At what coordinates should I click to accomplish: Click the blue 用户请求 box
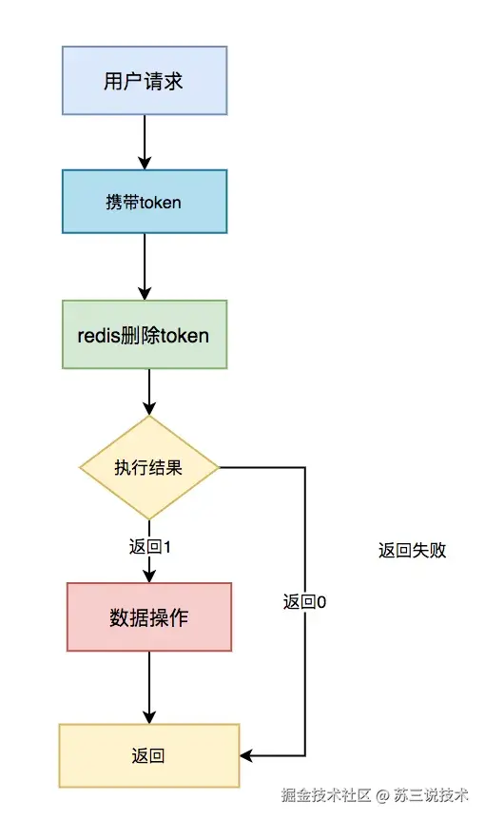[145, 81]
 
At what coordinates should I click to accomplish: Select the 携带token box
[145, 202]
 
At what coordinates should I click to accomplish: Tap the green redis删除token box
[145, 335]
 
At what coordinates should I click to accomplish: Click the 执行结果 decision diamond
[148, 467]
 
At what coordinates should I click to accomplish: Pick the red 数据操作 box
[148, 616]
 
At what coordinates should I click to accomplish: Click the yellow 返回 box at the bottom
[148, 755]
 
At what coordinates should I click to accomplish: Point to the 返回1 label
[148, 547]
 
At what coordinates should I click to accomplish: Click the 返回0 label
[304, 601]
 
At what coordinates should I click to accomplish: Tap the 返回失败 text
[412, 550]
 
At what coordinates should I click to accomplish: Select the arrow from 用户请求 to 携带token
[145, 142]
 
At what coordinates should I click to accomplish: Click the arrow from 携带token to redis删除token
[145, 266]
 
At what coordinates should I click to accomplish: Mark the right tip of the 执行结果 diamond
[218, 467]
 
